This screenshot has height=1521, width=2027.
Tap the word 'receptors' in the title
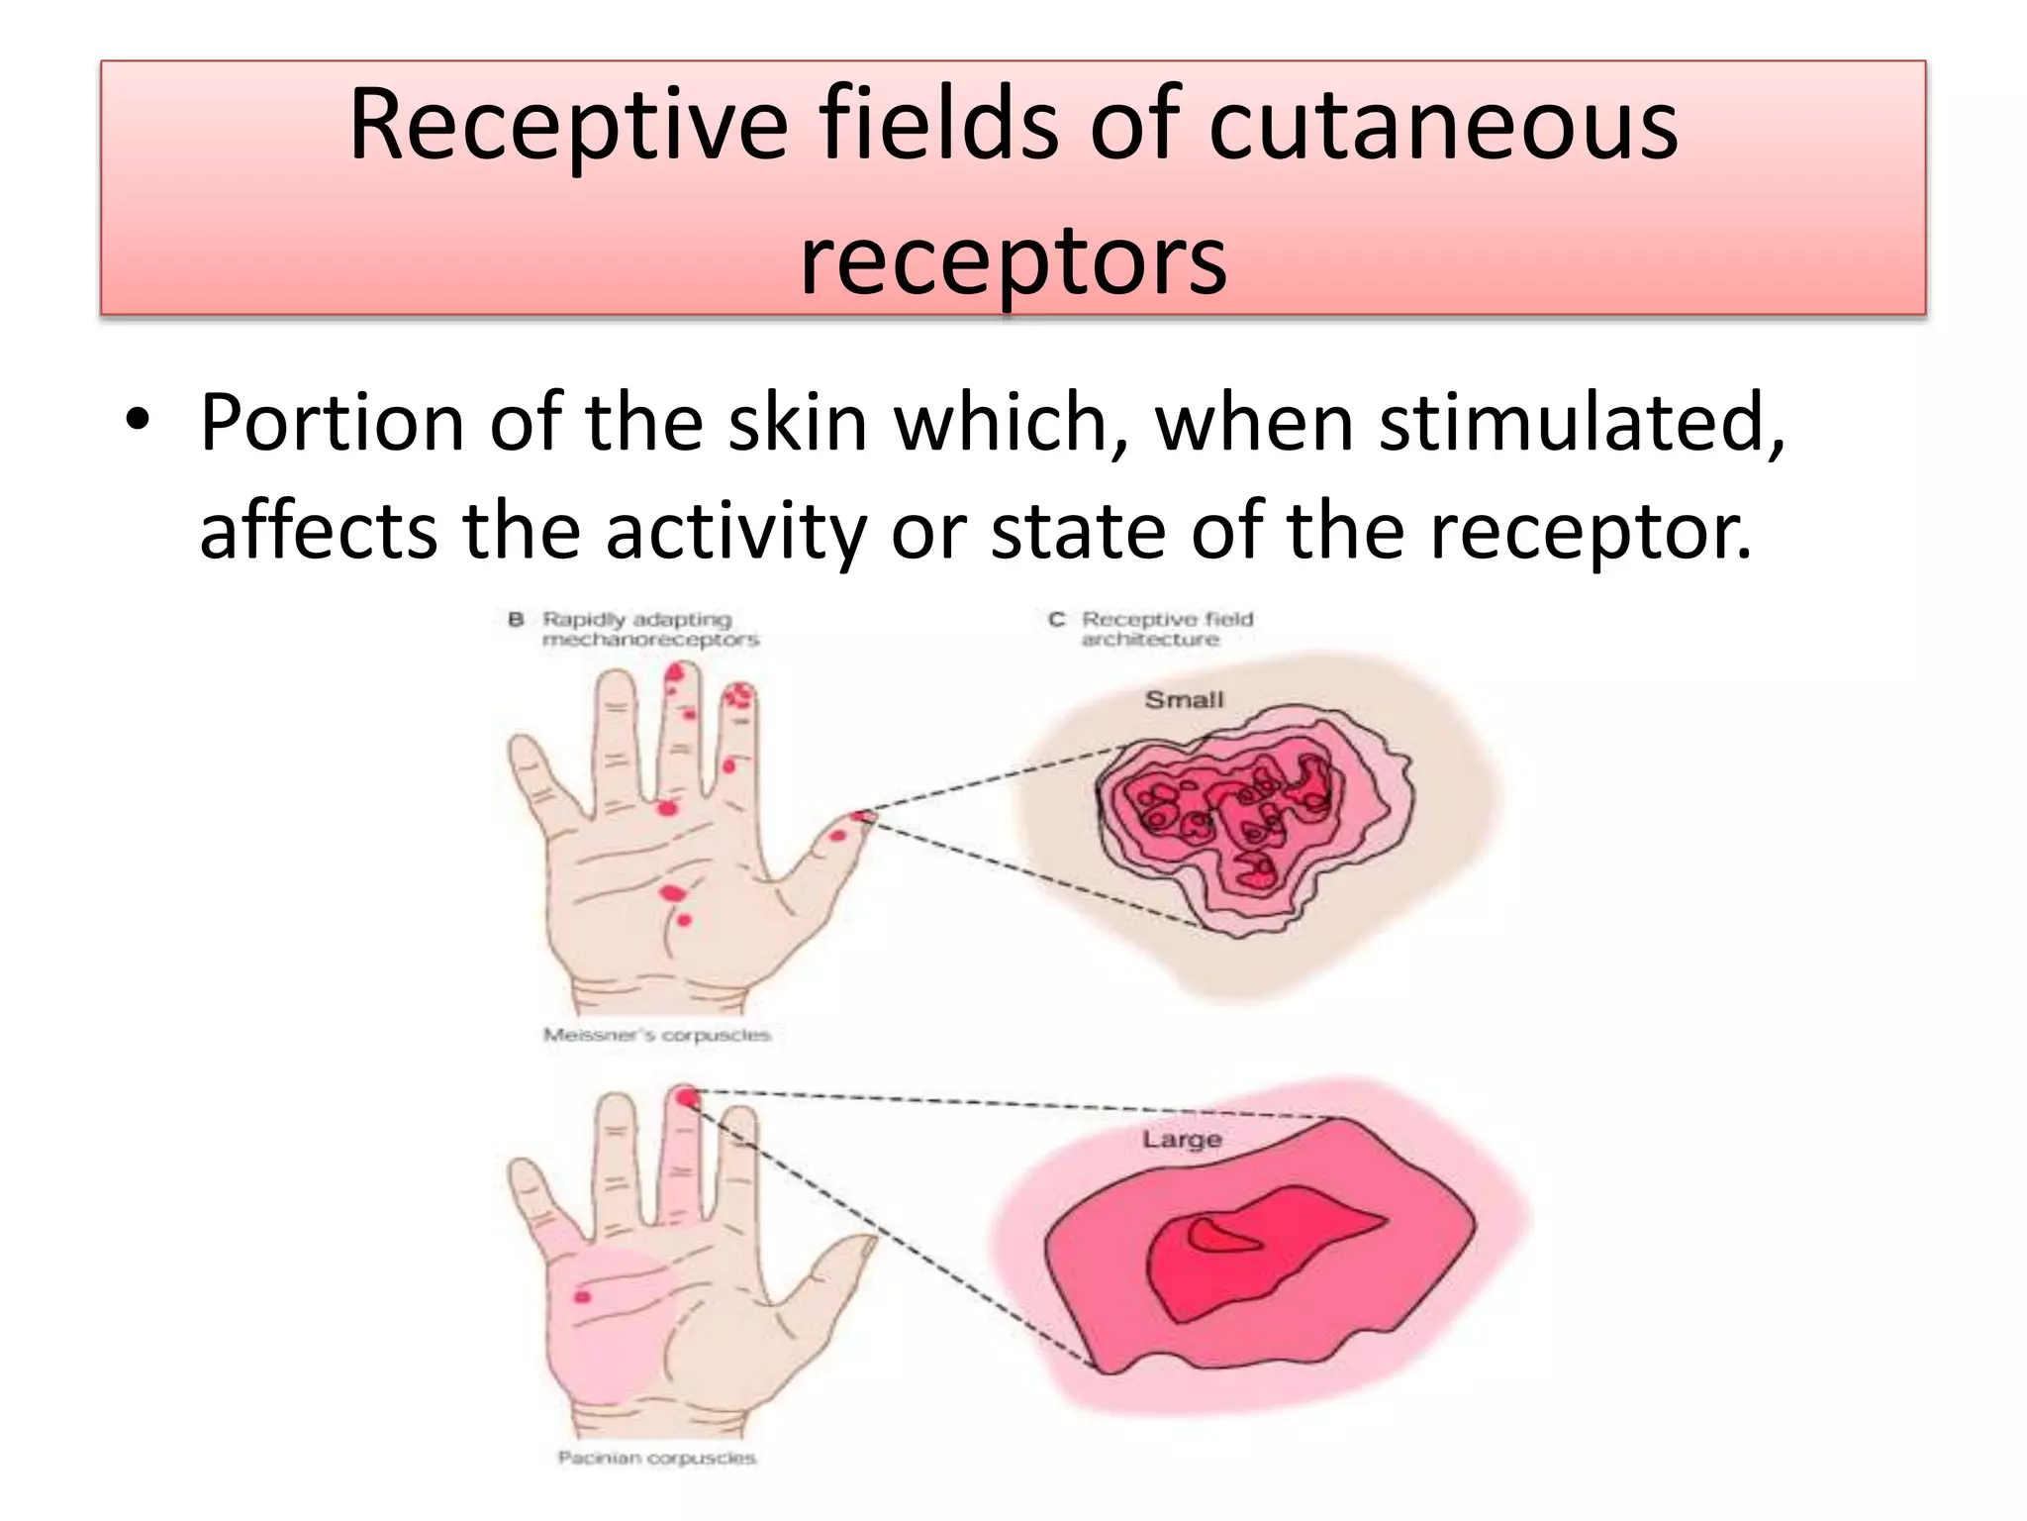pos(1013,259)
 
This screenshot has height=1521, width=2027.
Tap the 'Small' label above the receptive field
pos(1184,700)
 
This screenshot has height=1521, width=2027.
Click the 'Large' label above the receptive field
pos(1182,1139)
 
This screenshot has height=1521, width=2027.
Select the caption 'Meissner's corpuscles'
pos(656,1035)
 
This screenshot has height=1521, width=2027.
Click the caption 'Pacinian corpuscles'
pos(656,1458)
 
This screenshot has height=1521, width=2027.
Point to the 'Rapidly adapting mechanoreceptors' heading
pos(649,629)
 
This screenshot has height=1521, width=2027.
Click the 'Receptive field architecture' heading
pos(1166,629)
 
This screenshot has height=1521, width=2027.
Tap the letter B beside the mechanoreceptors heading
pos(516,620)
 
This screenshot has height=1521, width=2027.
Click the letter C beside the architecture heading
pos(1056,620)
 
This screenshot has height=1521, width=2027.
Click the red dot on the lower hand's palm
pos(582,1297)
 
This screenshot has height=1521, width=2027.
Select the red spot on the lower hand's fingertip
pos(687,1097)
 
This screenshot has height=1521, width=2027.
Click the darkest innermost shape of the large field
pos(1221,1236)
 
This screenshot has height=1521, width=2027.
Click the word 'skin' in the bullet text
pos(798,423)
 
